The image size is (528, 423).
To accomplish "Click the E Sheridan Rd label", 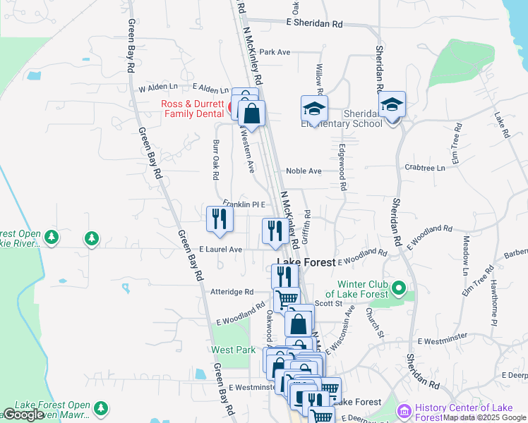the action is click(x=314, y=23).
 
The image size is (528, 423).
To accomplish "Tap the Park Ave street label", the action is click(x=275, y=52).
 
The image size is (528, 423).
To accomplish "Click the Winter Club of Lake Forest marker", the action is click(x=399, y=287).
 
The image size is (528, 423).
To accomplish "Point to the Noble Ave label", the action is click(x=304, y=171).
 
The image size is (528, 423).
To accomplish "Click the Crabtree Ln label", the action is click(x=426, y=168).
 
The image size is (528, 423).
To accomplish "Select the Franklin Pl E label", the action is click(x=243, y=204).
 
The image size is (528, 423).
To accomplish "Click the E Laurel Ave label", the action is click(x=220, y=250).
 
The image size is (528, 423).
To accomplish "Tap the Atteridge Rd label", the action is click(x=232, y=291).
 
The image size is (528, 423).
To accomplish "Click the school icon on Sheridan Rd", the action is click(x=392, y=105).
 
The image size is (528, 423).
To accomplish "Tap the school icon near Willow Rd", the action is click(x=314, y=109).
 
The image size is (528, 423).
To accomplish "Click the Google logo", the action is click(x=23, y=415).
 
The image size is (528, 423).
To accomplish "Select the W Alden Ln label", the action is click(x=158, y=89).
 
